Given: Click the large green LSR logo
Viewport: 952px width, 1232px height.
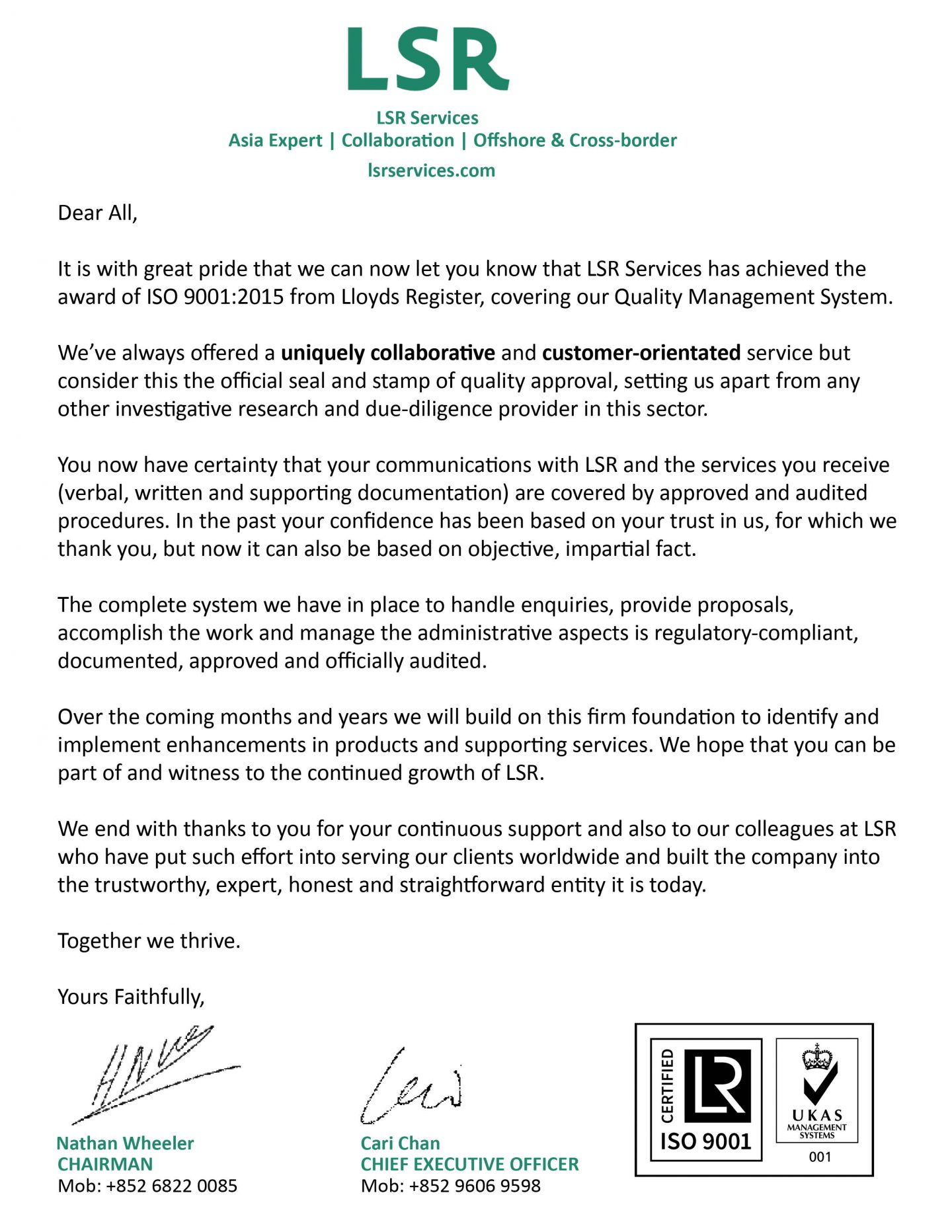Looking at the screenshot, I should pos(428,59).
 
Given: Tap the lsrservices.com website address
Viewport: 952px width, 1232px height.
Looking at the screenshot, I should pos(431,171).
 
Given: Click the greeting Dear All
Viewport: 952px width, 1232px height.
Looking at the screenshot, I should pos(97,213).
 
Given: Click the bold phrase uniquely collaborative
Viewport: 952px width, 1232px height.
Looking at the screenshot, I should pos(387,353).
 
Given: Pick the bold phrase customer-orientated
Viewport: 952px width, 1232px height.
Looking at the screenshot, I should pos(641,353).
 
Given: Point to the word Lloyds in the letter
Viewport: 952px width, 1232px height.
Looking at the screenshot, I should pos(371,297).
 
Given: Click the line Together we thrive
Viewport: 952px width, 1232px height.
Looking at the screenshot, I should pos(149,941).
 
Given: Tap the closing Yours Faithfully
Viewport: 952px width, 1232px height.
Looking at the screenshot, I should pos(131,997).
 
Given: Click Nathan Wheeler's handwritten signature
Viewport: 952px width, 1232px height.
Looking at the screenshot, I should pos(155,1074).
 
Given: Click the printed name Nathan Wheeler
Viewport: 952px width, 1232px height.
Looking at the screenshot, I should pos(125,1143).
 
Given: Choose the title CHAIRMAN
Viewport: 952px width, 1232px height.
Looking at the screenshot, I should pos(105,1164).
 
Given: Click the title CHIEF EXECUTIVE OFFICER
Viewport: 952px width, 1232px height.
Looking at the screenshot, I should pos(469,1164).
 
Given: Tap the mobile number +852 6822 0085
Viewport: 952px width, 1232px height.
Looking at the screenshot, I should pos(171,1186).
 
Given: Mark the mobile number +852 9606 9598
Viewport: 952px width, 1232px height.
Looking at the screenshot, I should pos(475,1186).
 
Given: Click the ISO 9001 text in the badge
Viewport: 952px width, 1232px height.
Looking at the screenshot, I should pos(705,1141).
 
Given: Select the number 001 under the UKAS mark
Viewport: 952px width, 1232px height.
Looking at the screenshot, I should pos(820,1157).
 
